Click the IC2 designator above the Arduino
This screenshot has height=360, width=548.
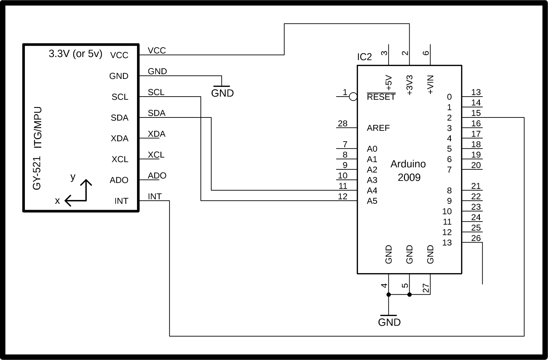coord(364,57)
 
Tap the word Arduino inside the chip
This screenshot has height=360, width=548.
coord(408,164)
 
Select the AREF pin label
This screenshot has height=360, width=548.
coord(378,128)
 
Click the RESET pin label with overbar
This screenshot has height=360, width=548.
coord(381,97)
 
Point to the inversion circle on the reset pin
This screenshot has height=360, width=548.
coord(353,97)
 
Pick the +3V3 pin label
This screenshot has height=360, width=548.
coord(409,85)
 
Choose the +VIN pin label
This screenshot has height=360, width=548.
coord(430,85)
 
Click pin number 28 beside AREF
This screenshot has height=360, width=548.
coord(342,124)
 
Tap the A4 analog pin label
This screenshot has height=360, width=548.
coord(372,190)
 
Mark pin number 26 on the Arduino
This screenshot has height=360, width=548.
coord(476,238)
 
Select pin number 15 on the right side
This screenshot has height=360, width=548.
coord(476,113)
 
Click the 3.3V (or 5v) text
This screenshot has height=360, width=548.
coord(75,54)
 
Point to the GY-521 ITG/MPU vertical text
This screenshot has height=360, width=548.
coord(37,148)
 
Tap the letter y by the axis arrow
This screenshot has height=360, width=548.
coord(73,177)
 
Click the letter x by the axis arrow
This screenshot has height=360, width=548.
coord(57,201)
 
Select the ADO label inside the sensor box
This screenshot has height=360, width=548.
coord(119,180)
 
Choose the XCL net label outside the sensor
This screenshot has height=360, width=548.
coord(156,155)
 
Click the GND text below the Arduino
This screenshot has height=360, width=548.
coord(389,322)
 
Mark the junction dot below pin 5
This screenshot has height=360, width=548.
coord(409,294)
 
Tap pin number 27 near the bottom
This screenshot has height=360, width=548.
coord(426,288)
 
